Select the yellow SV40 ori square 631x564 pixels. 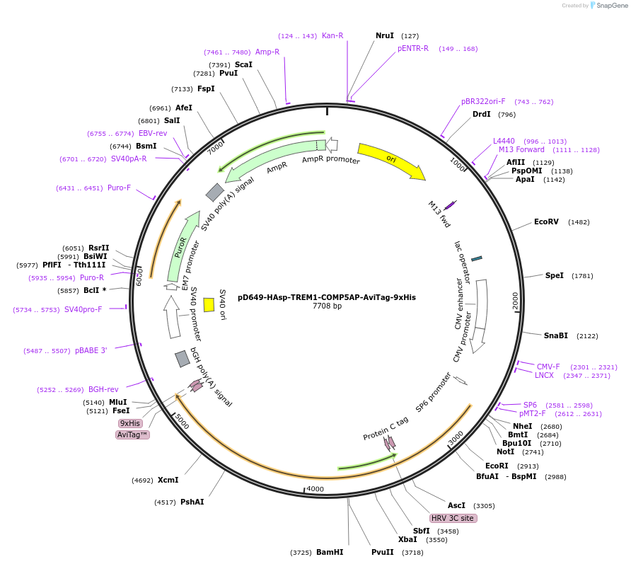click(209, 304)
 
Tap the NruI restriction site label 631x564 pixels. click(385, 35)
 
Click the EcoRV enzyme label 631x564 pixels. click(546, 221)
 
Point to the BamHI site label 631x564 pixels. click(330, 552)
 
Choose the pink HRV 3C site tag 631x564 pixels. click(453, 518)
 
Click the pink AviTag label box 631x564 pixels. click(132, 434)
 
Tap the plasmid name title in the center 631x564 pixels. click(327, 298)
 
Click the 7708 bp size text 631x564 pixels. click(327, 306)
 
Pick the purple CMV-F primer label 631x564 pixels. click(548, 367)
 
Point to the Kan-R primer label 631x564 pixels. click(332, 35)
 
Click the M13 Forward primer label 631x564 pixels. click(521, 149)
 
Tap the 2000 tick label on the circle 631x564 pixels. click(515, 300)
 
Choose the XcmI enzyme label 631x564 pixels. click(168, 480)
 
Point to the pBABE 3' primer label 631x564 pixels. click(91, 350)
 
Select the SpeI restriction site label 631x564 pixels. click(554, 275)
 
